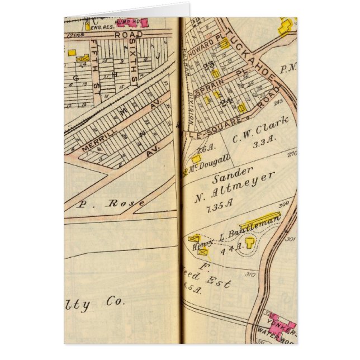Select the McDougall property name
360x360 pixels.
point(211,163)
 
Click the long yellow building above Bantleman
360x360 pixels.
point(260,220)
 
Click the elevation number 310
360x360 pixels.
point(249,274)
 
